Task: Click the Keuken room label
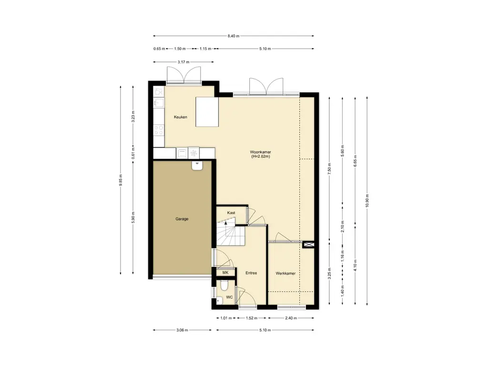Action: [x=181, y=117]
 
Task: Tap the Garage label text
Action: [x=182, y=219]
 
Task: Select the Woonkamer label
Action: [x=261, y=152]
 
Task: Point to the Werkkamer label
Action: [x=285, y=273]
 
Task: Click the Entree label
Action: [x=251, y=273]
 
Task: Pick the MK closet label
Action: [x=225, y=273]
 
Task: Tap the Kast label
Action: [x=231, y=213]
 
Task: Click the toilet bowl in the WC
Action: [x=224, y=285]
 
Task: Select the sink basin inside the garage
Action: [x=197, y=165]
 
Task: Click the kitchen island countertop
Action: [x=207, y=112]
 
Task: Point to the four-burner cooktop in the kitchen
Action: [x=159, y=130]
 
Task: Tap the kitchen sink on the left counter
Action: [x=159, y=103]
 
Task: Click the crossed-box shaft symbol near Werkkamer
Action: [x=308, y=244]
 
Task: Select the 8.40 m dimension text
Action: [x=234, y=36]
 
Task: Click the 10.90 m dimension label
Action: [x=367, y=201]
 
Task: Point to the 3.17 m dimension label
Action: [x=183, y=62]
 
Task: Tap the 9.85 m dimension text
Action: [x=121, y=180]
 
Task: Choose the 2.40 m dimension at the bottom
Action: [x=291, y=318]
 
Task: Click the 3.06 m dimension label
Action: [x=182, y=330]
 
